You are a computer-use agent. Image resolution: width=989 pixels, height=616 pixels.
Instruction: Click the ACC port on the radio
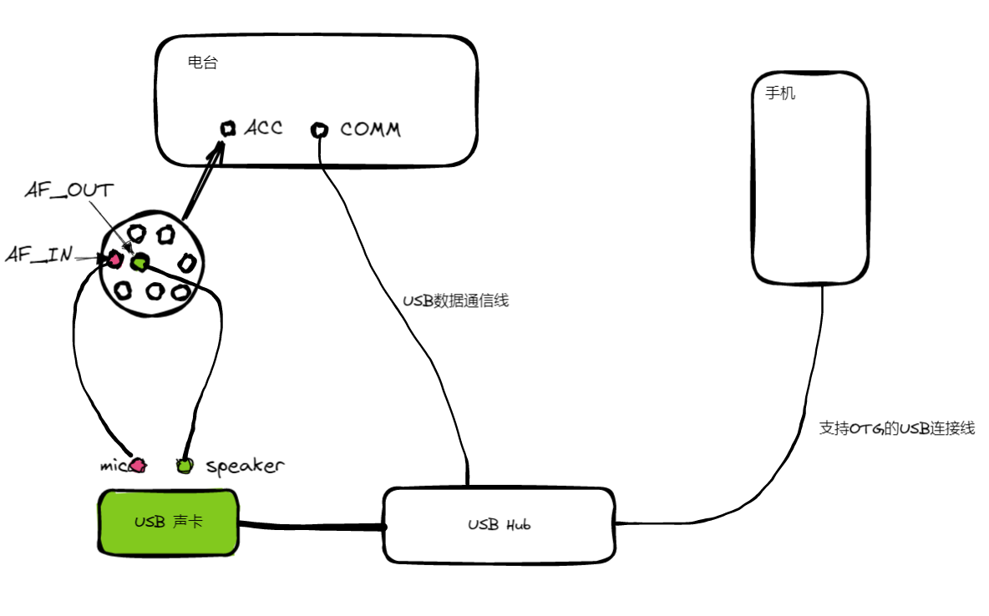click(x=227, y=129)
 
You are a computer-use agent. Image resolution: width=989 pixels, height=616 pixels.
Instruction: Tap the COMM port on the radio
click(x=320, y=129)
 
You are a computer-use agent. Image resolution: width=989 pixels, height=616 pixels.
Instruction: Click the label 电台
click(x=203, y=63)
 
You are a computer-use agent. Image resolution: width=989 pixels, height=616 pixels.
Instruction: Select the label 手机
click(x=780, y=93)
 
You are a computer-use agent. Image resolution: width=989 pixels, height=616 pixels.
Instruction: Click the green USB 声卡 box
click(x=168, y=523)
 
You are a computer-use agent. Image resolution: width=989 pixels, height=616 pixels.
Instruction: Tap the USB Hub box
click(x=499, y=525)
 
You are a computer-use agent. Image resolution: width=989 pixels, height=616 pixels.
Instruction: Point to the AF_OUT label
click(x=68, y=190)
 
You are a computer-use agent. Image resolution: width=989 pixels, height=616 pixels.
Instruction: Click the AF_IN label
click(x=38, y=255)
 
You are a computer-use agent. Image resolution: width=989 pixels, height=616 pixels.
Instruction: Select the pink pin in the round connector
click(x=114, y=260)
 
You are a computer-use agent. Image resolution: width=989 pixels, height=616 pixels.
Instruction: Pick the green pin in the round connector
click(x=139, y=262)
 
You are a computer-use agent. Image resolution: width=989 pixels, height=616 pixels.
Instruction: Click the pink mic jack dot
click(x=137, y=464)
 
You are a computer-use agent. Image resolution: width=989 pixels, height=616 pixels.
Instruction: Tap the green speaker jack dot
click(x=185, y=465)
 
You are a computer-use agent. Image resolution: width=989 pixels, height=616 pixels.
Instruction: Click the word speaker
click(x=245, y=466)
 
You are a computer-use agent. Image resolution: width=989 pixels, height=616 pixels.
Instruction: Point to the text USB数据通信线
click(x=455, y=301)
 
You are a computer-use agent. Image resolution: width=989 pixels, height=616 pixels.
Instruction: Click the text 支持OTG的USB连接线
click(x=896, y=428)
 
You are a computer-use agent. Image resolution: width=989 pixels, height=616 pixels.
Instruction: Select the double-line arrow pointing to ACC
click(x=202, y=182)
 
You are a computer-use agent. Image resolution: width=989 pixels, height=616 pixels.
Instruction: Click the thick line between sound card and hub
click(x=311, y=526)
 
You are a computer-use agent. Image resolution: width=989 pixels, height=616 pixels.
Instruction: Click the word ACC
click(x=263, y=128)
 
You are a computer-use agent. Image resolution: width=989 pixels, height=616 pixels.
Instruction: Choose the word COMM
click(x=370, y=129)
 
